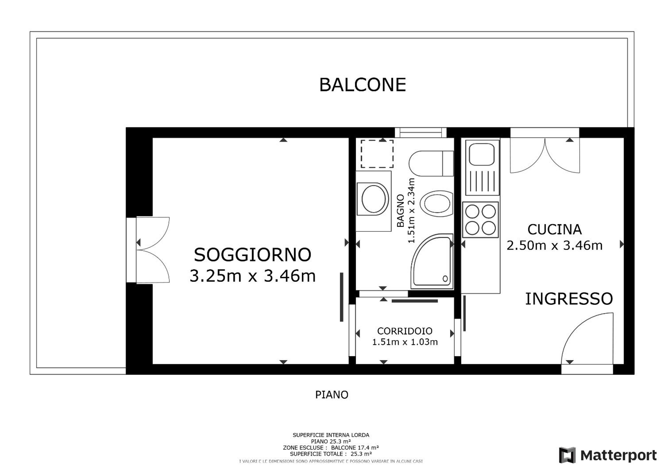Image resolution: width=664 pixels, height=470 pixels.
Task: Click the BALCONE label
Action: coord(362,84)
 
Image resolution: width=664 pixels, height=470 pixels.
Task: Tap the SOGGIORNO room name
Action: coord(253,255)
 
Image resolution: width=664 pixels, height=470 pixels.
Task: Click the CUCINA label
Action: coord(554,229)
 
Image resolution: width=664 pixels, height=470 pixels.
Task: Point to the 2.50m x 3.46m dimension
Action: coord(554,245)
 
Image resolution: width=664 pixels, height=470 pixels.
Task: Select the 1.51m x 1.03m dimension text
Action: coord(405,342)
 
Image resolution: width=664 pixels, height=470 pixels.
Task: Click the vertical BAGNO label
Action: coord(400,211)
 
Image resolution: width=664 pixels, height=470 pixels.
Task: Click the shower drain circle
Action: coord(445,279)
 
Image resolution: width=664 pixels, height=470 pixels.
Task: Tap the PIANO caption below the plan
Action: coord(332,395)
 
